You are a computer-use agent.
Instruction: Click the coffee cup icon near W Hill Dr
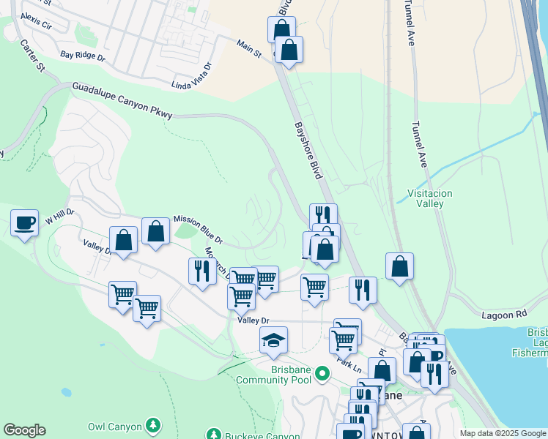click(x=24, y=222)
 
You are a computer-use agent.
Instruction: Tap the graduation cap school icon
click(x=274, y=340)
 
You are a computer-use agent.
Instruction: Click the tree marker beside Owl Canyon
click(x=152, y=424)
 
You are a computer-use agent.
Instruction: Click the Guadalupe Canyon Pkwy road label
click(x=122, y=100)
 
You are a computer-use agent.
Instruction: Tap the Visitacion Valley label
click(x=429, y=198)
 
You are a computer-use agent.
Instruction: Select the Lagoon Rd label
click(x=504, y=314)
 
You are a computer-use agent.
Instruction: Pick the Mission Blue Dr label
click(x=198, y=229)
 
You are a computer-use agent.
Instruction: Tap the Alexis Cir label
click(x=36, y=20)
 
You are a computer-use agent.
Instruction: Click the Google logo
click(x=24, y=430)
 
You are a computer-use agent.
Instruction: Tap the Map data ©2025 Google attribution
click(x=503, y=433)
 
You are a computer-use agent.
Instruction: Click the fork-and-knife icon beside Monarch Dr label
click(x=201, y=271)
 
